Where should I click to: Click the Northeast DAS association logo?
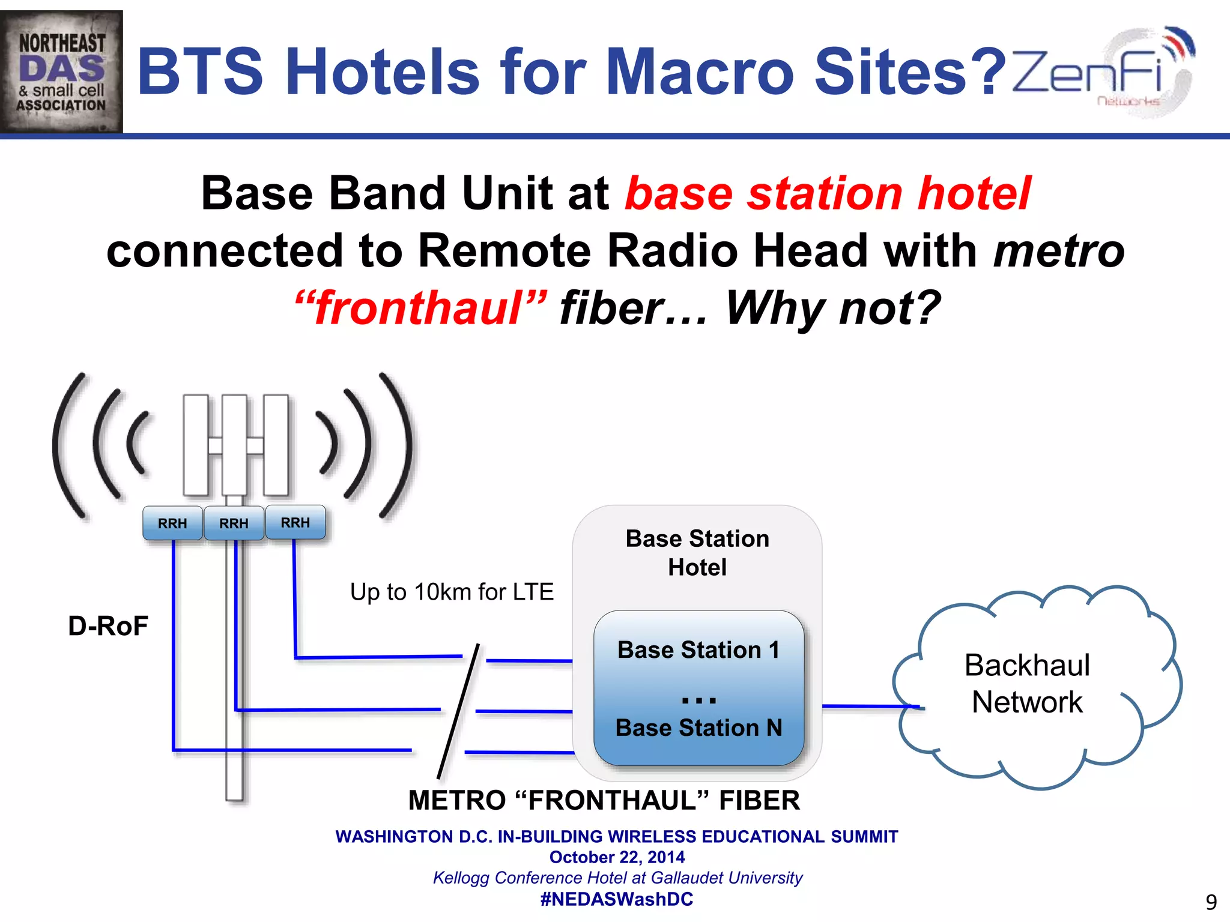click(61, 71)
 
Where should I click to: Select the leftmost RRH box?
click(172, 523)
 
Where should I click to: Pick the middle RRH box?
click(234, 523)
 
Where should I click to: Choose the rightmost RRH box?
click(295, 522)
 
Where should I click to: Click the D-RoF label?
click(108, 626)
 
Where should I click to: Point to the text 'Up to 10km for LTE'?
click(452, 592)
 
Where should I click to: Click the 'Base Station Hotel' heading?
click(697, 553)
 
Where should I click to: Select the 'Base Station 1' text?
click(698, 650)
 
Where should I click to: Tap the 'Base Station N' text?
click(698, 728)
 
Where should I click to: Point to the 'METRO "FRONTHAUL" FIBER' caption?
click(604, 800)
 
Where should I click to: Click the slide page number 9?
click(1211, 902)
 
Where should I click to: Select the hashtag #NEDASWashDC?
click(617, 899)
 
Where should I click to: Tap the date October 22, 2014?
click(617, 857)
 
